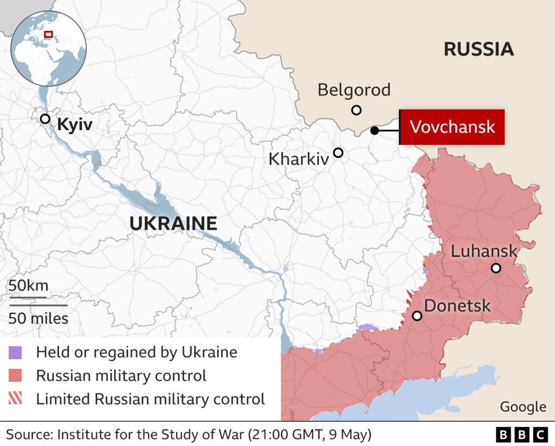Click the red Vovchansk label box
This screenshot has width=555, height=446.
(x=452, y=127)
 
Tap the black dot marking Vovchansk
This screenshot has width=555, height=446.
(x=375, y=130)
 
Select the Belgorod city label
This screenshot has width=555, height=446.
(x=354, y=90)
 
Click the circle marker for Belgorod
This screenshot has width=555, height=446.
(x=356, y=110)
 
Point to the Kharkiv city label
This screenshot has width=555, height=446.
(x=299, y=159)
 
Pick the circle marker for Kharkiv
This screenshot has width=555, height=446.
(x=338, y=153)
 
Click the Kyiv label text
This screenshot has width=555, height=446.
(x=75, y=125)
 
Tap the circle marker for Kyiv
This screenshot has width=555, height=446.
(x=45, y=119)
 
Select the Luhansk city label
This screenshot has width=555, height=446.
(x=484, y=251)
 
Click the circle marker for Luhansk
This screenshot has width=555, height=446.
(x=496, y=268)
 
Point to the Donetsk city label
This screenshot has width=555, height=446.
(x=457, y=305)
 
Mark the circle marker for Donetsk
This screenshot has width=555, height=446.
(x=417, y=316)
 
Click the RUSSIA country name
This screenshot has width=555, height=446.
(x=479, y=49)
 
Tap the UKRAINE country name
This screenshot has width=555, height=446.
(x=173, y=223)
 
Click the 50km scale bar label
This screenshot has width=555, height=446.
(x=28, y=285)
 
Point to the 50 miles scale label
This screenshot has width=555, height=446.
(x=38, y=318)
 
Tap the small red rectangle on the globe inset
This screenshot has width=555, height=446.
(x=48, y=34)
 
